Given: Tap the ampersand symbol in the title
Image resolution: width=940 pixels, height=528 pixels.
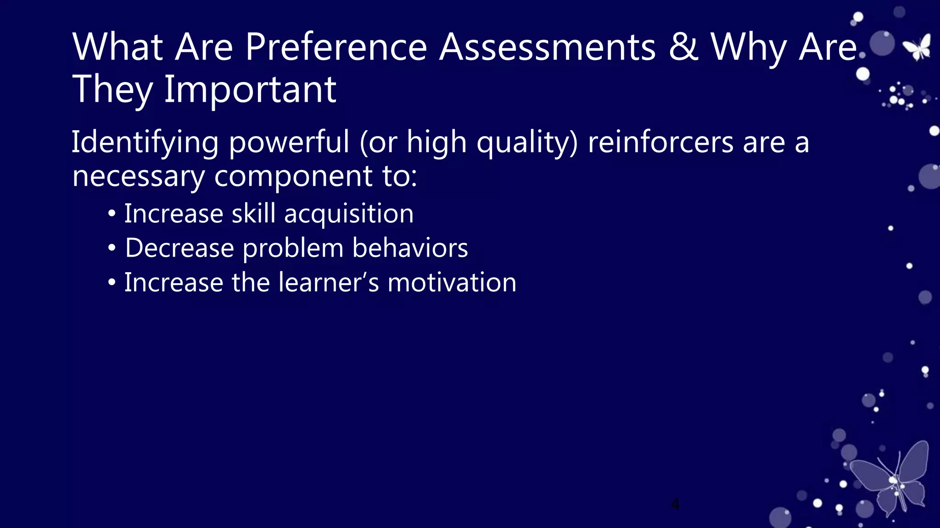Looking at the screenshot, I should (683, 47).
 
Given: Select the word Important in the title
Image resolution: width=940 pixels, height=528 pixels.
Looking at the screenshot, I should (250, 89).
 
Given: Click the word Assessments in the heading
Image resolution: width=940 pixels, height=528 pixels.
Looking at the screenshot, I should (547, 47).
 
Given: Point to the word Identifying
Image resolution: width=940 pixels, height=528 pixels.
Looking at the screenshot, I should (145, 143).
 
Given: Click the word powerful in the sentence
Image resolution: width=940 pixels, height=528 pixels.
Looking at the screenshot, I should (289, 143).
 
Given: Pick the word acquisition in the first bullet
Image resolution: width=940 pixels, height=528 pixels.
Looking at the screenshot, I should (349, 214).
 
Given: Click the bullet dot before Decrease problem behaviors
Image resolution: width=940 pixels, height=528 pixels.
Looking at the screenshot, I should (112, 248).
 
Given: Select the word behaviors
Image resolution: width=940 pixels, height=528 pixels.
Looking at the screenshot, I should (410, 248).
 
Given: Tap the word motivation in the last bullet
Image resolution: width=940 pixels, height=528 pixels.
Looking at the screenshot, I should (452, 283).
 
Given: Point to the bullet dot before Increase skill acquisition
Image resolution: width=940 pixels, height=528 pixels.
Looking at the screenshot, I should (112, 214).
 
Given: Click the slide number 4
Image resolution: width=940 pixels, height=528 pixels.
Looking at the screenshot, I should (675, 504).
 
